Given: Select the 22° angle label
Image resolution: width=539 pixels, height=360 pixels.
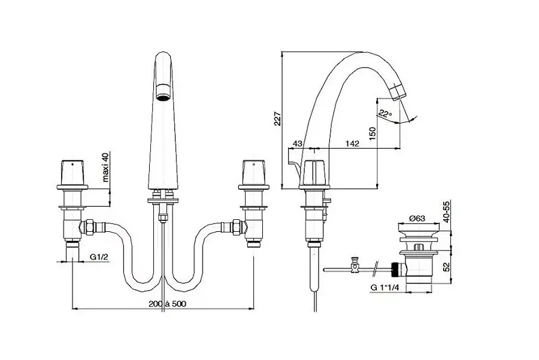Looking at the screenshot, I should tap(385, 112).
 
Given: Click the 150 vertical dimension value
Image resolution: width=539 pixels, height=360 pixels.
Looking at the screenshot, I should tap(373, 132).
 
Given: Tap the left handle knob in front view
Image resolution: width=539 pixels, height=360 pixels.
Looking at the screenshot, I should tap(72, 173).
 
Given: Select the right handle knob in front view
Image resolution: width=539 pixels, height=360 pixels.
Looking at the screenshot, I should tap(253, 173).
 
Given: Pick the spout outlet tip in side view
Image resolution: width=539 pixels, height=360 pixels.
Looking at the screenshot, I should tap(398, 92).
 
